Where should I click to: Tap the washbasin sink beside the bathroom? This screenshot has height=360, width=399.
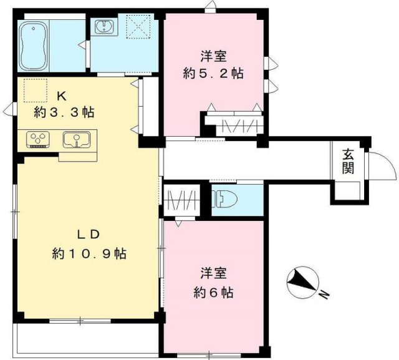pyautogui.click(x=105, y=26)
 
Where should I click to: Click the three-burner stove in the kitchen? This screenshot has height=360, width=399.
pyautogui.click(x=37, y=139)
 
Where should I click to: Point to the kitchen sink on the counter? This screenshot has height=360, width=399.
pyautogui.click(x=77, y=139)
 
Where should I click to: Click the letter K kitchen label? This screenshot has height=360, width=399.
pyautogui.click(x=62, y=96)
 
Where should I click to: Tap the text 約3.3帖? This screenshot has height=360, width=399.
pyautogui.click(x=64, y=112)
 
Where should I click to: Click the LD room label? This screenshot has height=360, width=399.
pyautogui.click(x=88, y=235)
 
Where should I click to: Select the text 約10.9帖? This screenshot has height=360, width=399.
pyautogui.click(x=89, y=253)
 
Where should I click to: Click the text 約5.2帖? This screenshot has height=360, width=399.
pyautogui.click(x=213, y=74)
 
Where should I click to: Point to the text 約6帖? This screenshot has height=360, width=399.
pyautogui.click(x=213, y=293)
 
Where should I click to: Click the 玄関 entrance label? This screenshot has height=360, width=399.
pyautogui.click(x=348, y=162)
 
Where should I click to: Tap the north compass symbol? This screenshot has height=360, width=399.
pyautogui.click(x=302, y=283)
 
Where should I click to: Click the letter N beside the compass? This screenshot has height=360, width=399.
pyautogui.click(x=324, y=294)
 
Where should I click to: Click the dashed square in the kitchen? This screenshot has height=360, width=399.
pyautogui.click(x=36, y=90)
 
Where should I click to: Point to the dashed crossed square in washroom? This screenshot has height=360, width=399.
pyautogui.click(x=138, y=26)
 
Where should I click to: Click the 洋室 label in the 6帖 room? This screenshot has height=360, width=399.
pyautogui.click(x=213, y=273)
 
